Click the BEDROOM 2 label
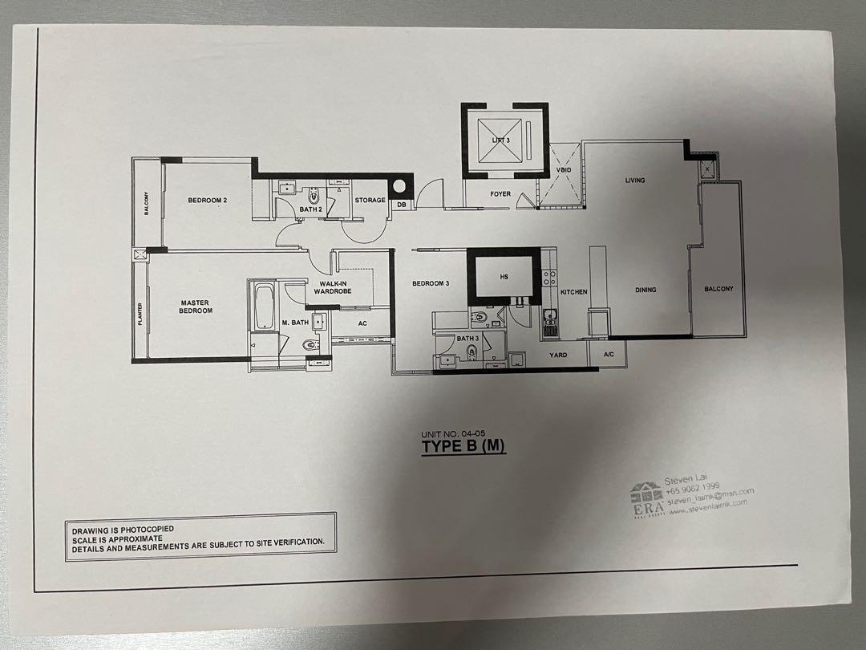coord(208,201)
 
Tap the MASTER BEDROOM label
coord(196,307)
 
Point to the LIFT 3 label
coord(501,140)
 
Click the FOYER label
coord(500,194)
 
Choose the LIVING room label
coord(635,181)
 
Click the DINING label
coord(645,290)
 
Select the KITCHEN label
coord(574,292)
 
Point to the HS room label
coord(504,277)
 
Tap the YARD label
coord(558,355)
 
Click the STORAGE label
coord(370,201)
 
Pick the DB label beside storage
coord(401,205)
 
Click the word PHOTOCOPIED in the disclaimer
coord(152,530)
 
